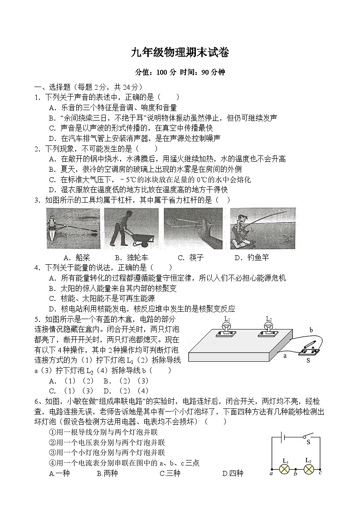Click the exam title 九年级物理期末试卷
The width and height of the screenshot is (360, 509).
tap(180, 53)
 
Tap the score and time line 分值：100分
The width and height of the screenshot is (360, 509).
tap(180, 72)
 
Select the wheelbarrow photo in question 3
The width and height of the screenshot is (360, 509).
tap(131, 228)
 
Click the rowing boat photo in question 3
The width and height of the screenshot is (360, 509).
tap(73, 228)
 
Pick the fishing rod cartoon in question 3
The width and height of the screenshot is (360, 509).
tap(263, 228)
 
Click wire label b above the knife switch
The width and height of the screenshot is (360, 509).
tap(311, 330)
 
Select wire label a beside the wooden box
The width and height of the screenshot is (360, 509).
tap(286, 356)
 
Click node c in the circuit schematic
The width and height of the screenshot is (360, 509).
tap(321, 473)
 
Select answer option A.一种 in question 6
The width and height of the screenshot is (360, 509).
tap(59, 474)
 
